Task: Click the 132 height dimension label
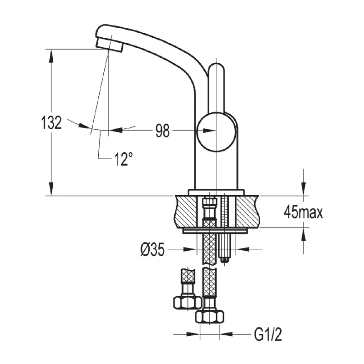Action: point(51,123)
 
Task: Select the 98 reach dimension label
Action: point(162,131)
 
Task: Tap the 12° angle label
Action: point(123,159)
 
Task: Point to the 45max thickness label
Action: point(303,212)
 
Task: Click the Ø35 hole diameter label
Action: point(152,250)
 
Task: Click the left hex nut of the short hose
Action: point(187,301)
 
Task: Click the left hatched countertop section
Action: point(187,211)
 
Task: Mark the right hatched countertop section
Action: point(248,211)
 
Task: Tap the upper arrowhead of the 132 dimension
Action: point(51,55)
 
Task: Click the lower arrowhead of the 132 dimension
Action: point(51,190)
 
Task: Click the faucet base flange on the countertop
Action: point(217,192)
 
